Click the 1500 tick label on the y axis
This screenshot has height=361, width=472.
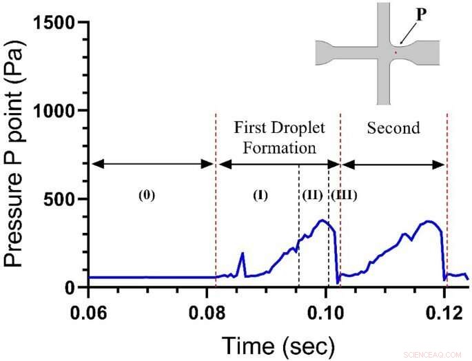pyautogui.click(x=57, y=22)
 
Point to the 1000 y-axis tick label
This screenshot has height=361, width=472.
pyautogui.click(x=57, y=110)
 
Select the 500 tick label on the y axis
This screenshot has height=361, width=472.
pyautogui.click(x=63, y=199)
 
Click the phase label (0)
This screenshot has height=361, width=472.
pyautogui.click(x=147, y=194)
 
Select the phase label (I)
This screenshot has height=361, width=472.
pyautogui.click(x=260, y=194)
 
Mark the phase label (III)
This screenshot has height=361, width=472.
pyautogui.click(x=344, y=194)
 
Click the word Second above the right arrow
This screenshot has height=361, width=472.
pyautogui.click(x=393, y=128)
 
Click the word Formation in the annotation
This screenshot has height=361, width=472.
pyautogui.click(x=279, y=147)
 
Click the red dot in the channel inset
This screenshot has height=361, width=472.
pyautogui.click(x=396, y=52)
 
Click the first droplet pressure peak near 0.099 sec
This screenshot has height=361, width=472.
pyautogui.click(x=322, y=220)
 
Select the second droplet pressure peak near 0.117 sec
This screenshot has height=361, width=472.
pyautogui.click(x=428, y=222)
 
